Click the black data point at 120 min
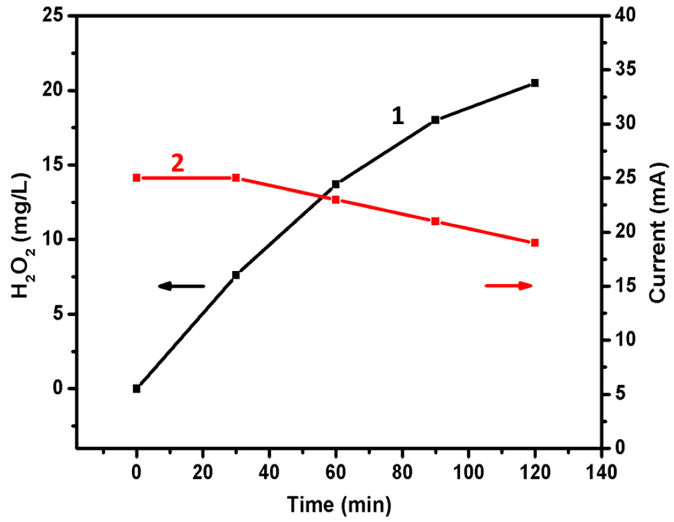[x=535, y=83]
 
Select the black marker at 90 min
[x=435, y=120]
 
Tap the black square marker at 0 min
[x=136, y=389]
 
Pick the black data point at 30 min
[x=236, y=275]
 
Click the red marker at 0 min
[x=136, y=178]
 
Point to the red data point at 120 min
[x=535, y=243]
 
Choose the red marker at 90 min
[x=435, y=221]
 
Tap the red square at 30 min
[x=236, y=178]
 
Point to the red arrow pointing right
[x=509, y=286]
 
